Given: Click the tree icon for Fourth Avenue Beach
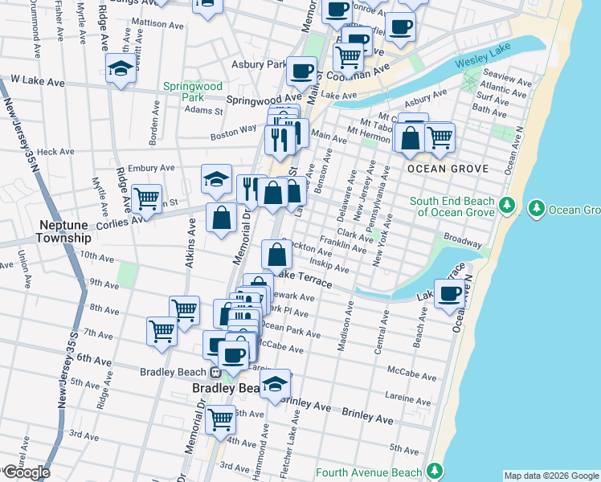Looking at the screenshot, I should pos(435,470).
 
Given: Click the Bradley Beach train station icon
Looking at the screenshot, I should pos(215,373).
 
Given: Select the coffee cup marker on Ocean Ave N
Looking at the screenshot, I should pos(450,293).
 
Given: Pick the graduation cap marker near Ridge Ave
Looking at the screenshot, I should pos(121,68).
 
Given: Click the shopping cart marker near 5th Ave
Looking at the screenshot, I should pos(220,418).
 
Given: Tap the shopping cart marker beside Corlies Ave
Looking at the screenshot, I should pos(146,198).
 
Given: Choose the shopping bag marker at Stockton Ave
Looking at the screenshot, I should pos(276,255).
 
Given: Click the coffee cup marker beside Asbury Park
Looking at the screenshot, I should pos(301,71).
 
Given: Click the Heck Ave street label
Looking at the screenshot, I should pos(55,151).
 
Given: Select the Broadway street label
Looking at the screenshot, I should pos(464,241).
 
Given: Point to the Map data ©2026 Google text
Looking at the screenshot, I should pos(551,476).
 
